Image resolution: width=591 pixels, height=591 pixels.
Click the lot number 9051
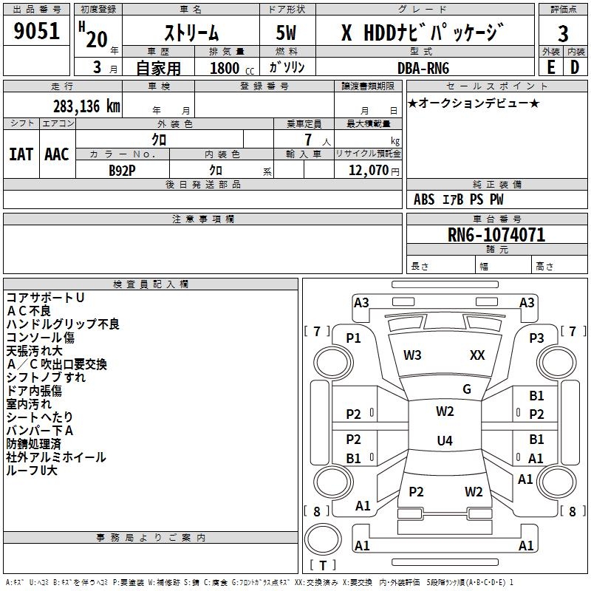click(37, 31)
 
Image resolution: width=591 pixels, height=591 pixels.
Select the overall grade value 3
click(563, 34)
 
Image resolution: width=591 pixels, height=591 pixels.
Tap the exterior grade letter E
click(550, 66)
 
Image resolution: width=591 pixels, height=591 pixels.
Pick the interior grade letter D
click(575, 66)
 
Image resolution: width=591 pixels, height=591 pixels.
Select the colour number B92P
click(123, 169)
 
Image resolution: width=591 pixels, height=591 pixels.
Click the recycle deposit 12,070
click(368, 169)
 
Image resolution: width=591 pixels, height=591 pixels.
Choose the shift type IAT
click(21, 154)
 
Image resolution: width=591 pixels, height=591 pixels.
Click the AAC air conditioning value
click(57, 154)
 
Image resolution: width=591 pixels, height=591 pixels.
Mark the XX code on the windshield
click(477, 355)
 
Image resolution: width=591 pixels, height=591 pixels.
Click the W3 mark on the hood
click(412, 355)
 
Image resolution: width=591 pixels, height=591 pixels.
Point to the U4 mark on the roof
click(444, 441)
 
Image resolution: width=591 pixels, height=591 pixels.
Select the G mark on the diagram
click(466, 389)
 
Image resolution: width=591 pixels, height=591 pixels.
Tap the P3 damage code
click(536, 338)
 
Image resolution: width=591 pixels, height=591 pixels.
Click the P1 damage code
click(354, 338)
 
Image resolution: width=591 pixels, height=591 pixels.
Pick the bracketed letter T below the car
click(322, 566)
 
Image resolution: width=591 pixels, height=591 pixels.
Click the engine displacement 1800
click(225, 68)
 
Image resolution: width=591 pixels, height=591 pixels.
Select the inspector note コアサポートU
click(45, 297)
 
